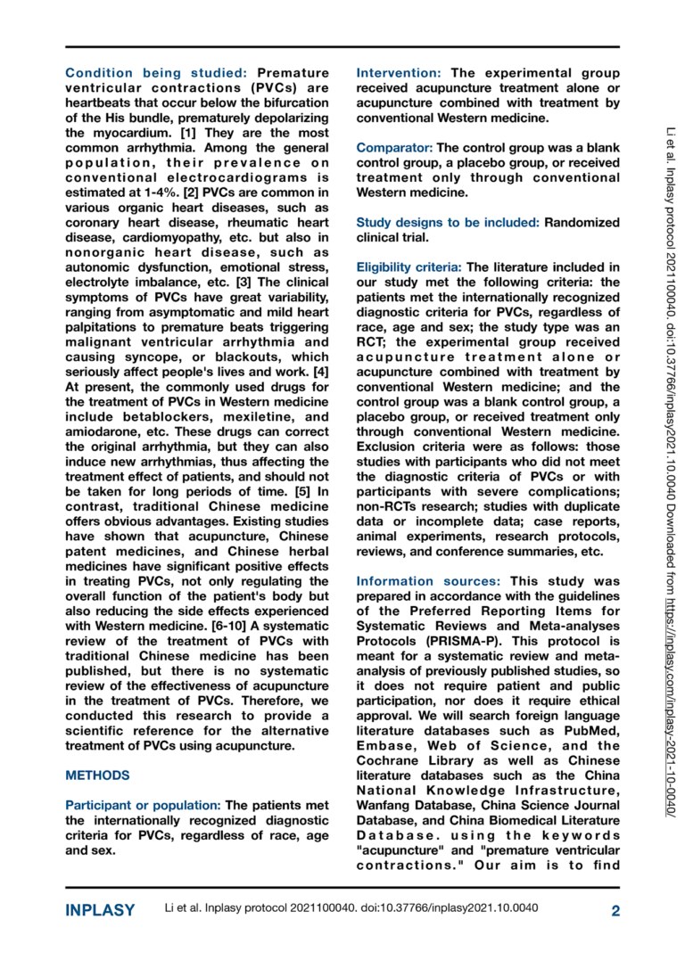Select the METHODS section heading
coord(97,775)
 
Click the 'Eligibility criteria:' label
coord(409,267)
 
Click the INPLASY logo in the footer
coord(101,910)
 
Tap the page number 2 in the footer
coord(615,910)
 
